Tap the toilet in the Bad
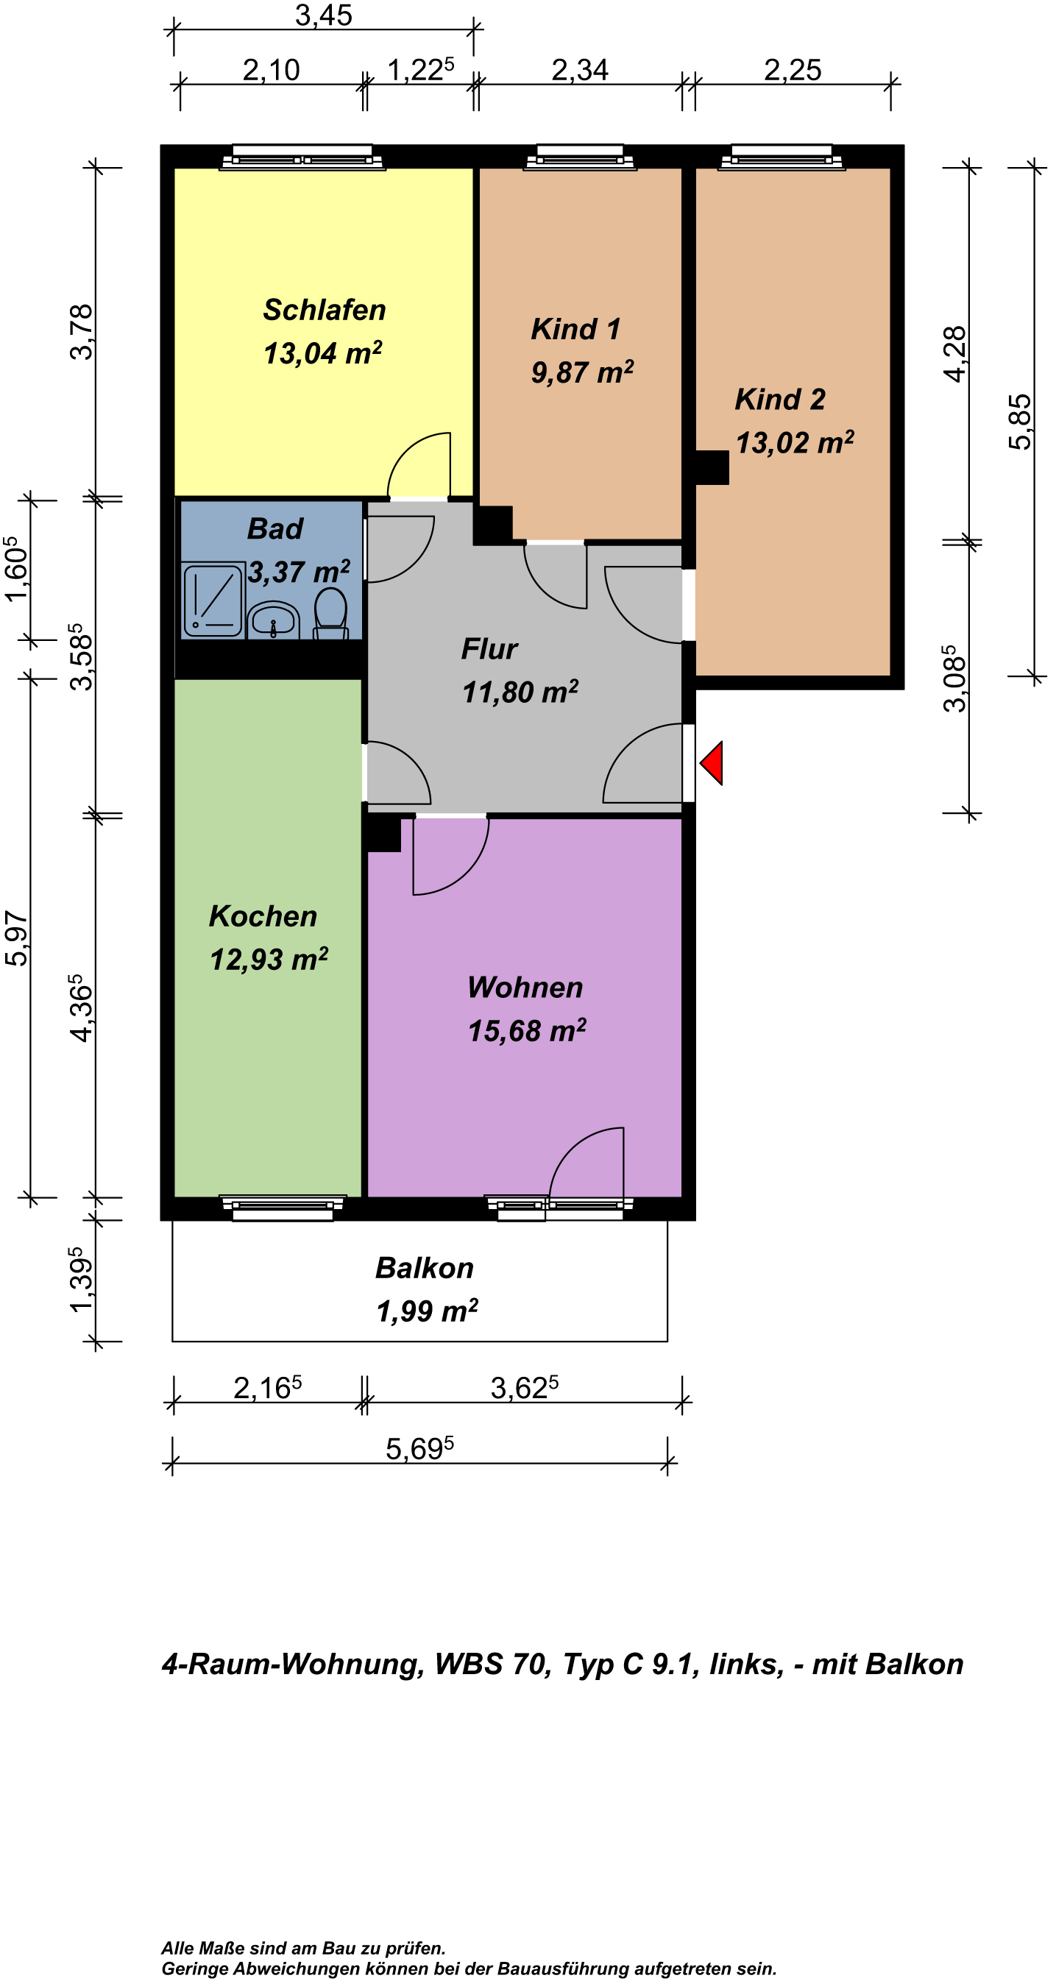point(330,614)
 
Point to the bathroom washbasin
point(273,620)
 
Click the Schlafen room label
point(324,310)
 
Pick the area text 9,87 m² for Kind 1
point(582,372)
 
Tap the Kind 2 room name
point(780,399)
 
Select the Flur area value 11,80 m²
point(520,692)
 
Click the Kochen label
point(263,916)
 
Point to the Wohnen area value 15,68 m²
point(527,1030)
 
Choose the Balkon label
point(425,1268)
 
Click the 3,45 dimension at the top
point(324,15)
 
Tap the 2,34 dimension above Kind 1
point(580,70)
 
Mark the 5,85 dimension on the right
point(1020,422)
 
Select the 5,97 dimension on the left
point(16,938)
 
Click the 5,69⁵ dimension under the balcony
point(420,1449)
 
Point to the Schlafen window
point(302,157)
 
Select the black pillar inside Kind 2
point(712,467)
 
